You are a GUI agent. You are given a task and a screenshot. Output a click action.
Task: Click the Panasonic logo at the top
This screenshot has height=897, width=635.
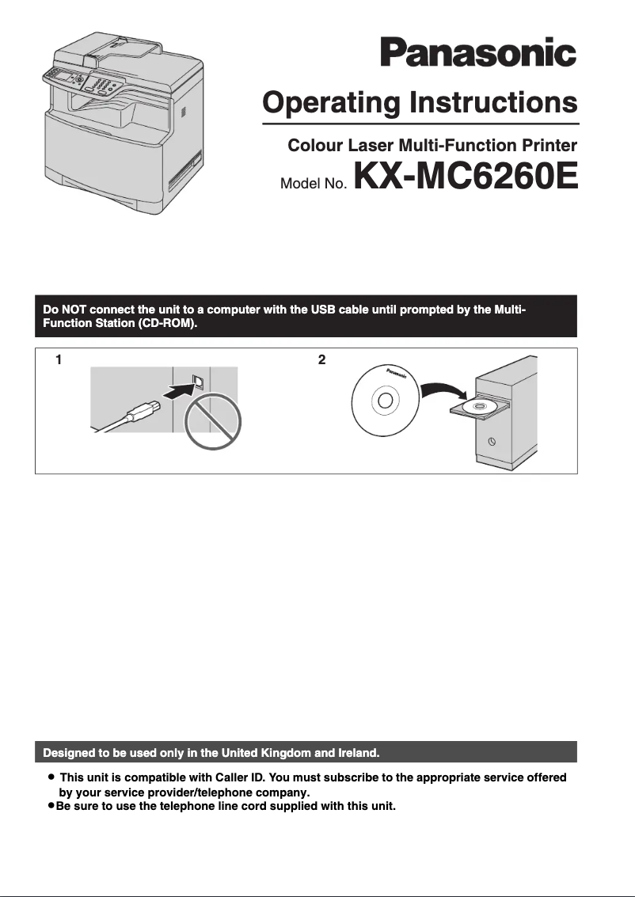coord(477,54)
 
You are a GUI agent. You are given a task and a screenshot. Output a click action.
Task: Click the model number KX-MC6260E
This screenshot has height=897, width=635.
coord(466,177)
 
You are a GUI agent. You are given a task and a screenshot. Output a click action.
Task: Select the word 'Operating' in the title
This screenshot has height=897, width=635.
coord(332,103)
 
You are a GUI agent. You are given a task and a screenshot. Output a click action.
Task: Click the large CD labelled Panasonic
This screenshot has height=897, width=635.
coord(385,401)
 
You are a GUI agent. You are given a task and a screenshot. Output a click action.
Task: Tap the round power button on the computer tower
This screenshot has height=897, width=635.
coord(492,442)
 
